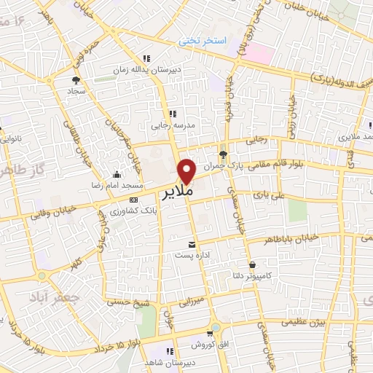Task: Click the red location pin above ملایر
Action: [x=187, y=170]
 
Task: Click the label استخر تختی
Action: [x=203, y=41]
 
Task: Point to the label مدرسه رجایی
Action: [x=170, y=125]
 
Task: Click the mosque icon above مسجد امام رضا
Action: [x=117, y=174]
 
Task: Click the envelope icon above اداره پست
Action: [x=192, y=244]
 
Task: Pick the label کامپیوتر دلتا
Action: [x=267, y=277]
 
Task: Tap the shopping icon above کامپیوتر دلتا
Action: [x=252, y=264]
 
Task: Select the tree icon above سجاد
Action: [x=75, y=80]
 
